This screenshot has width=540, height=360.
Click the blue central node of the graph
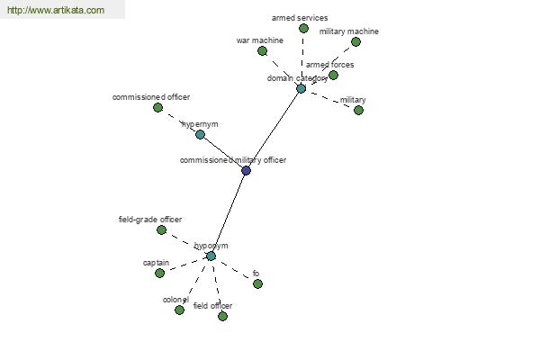[x=246, y=170]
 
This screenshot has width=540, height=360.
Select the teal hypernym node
[x=200, y=134]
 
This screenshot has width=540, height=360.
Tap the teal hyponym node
[x=211, y=256]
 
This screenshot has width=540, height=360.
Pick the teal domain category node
[x=301, y=88]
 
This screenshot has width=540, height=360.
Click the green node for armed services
[x=303, y=28]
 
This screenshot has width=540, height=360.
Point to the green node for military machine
[x=355, y=41]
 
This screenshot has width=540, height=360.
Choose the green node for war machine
[x=263, y=51]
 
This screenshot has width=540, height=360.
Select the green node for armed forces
[x=333, y=75]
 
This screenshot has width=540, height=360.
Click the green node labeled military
[x=358, y=110]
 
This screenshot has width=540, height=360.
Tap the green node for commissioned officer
[x=157, y=107]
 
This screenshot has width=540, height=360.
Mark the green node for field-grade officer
[x=161, y=229]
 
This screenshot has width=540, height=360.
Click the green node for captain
[x=159, y=274]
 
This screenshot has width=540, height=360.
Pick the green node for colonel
[x=179, y=310]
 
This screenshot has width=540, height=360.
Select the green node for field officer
[x=223, y=316]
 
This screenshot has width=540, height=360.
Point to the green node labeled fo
[x=257, y=283]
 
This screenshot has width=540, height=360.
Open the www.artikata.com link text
[x=56, y=10]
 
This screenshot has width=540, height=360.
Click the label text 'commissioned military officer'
[x=233, y=160]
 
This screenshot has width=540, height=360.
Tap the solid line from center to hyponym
[x=229, y=213]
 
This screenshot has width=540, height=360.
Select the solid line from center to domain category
[x=274, y=130]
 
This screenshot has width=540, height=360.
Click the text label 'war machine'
[x=260, y=40]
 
